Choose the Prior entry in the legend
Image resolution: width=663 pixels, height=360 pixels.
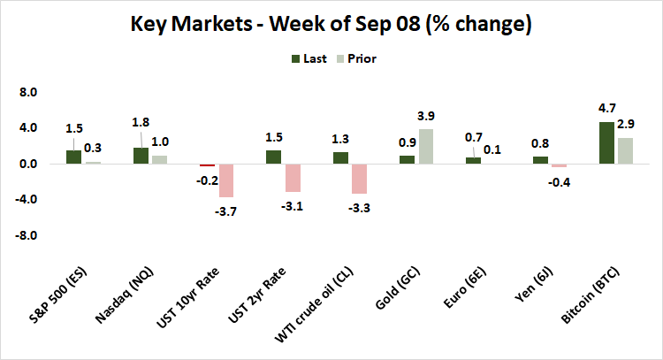[x=364, y=59]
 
